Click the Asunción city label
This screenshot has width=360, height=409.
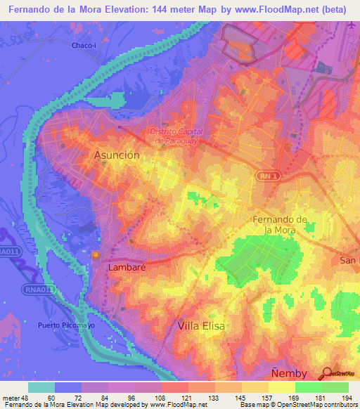click(117, 155)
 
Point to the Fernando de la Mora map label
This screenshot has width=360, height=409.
click(280, 224)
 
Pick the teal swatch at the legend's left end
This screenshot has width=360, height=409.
click(41, 387)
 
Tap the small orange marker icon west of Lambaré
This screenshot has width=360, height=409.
click(96, 254)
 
